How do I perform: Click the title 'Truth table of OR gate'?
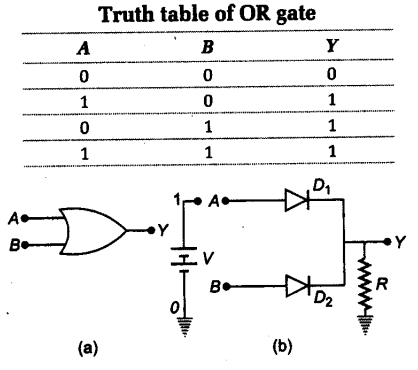(x=207, y=14)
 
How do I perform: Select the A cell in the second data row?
(x=78, y=101)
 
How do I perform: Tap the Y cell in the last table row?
(x=331, y=152)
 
